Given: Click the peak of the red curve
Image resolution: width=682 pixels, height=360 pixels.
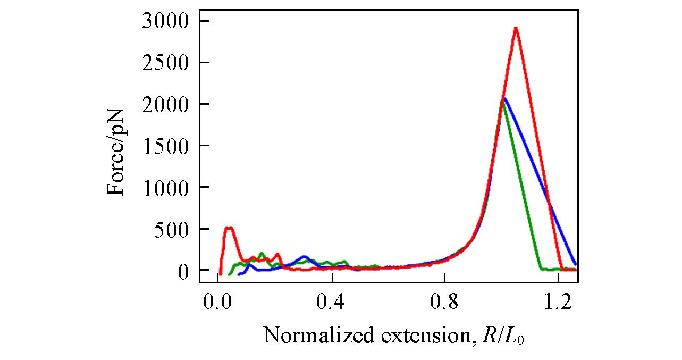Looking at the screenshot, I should click(x=516, y=28).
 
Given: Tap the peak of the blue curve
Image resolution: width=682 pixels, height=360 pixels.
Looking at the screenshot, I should click(x=504, y=98).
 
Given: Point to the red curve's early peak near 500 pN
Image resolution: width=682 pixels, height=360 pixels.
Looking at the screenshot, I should click(x=229, y=228).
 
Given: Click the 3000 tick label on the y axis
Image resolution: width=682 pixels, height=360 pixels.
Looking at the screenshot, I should click(x=165, y=21).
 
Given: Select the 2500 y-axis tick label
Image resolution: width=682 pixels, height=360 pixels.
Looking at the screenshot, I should click(x=165, y=62).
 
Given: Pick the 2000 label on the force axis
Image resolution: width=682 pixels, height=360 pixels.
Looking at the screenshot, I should click(x=165, y=104).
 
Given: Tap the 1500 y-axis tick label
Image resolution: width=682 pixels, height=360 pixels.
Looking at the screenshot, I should click(x=165, y=146).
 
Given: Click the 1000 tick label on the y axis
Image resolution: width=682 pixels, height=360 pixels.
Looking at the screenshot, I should click(x=165, y=187).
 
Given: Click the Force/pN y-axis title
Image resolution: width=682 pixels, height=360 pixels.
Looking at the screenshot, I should click(x=116, y=152).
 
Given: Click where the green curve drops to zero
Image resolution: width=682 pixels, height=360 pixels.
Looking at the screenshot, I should click(x=541, y=269).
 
